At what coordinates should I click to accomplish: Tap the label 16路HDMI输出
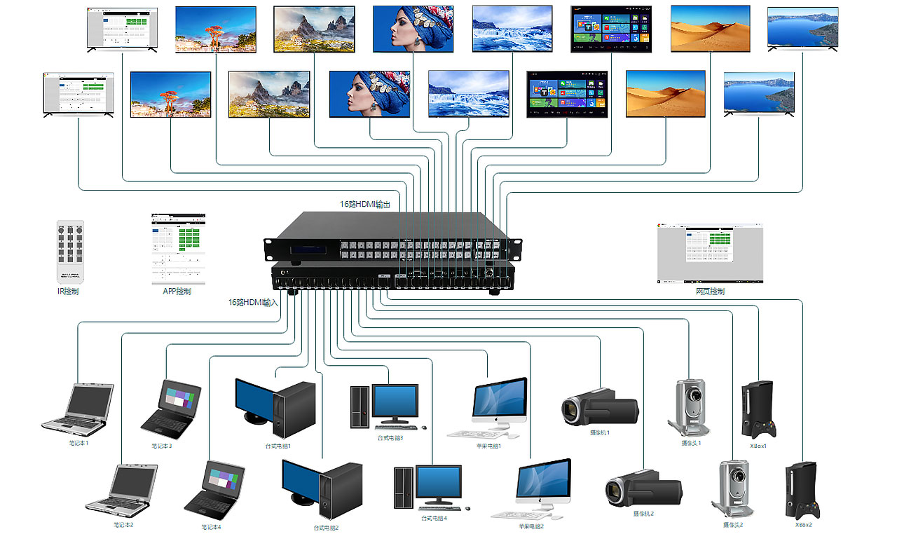coord(364,204)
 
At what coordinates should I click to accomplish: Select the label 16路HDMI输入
coord(253,303)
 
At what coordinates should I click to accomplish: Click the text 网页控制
coord(710,292)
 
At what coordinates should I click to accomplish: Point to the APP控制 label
coord(172,292)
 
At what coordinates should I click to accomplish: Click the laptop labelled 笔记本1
coord(78,407)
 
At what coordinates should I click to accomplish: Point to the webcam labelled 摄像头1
coord(688,407)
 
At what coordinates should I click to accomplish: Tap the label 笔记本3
coord(162,446)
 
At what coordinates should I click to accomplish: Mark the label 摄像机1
coord(601,432)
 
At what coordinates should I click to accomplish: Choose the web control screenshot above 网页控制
coord(709,253)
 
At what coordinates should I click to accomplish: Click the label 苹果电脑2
coord(531,526)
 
